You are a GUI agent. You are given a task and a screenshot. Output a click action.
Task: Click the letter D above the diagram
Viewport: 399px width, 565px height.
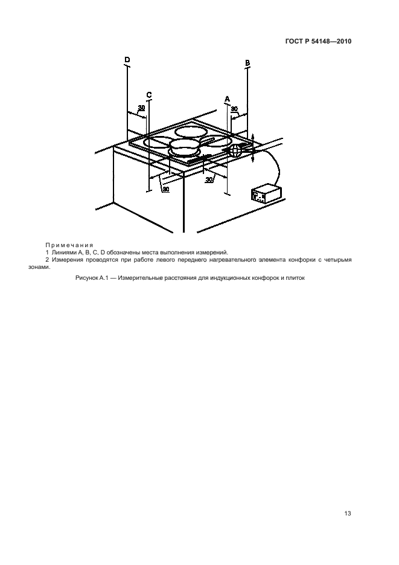[127, 59]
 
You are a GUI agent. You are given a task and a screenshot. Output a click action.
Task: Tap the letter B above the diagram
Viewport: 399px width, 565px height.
[247, 63]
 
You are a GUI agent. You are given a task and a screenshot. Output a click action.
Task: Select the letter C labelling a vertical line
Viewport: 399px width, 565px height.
[149, 95]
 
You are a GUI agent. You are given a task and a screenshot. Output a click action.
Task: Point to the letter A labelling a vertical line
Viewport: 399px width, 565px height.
[227, 98]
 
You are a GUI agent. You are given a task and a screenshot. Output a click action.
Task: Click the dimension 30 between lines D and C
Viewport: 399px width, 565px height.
[141, 108]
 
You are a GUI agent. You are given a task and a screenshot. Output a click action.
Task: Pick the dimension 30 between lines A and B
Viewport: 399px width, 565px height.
[234, 108]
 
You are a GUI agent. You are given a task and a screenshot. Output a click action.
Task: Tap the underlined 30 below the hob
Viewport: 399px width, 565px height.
[209, 179]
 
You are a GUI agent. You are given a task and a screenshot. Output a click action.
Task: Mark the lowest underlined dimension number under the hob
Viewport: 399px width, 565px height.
[166, 189]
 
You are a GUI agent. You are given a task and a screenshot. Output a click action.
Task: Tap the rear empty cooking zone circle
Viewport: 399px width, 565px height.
[188, 133]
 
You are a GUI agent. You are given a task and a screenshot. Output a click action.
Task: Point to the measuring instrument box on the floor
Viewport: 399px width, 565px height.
[266, 194]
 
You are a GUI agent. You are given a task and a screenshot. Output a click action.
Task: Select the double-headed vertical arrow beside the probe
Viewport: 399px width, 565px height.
[252, 147]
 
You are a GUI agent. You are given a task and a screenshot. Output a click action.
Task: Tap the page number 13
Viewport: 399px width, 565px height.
[348, 513]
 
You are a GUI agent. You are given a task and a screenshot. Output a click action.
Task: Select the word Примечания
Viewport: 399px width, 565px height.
[69, 245]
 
